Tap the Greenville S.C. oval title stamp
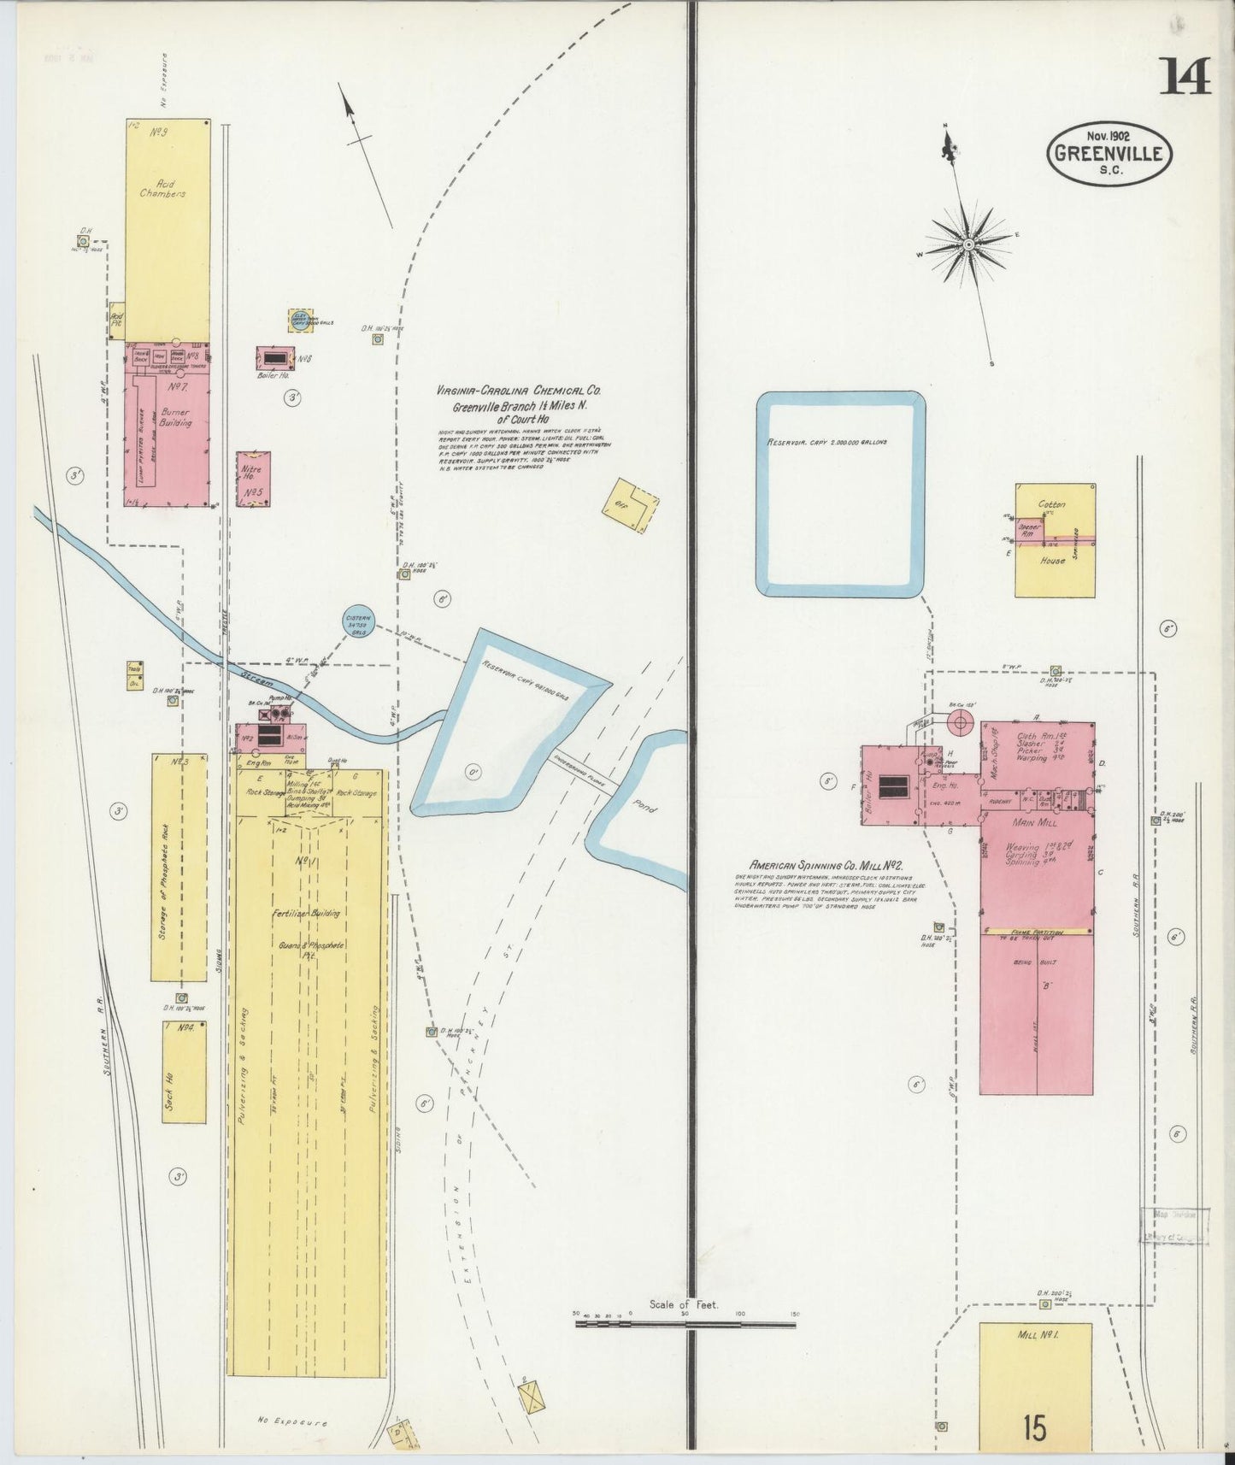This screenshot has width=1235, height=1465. coord(1109,154)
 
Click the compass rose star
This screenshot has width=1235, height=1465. coord(968,245)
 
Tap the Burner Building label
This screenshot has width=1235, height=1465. coord(175,417)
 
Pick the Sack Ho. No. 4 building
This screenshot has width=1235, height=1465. coord(184,1072)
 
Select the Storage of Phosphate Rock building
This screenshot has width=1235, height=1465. coord(179,867)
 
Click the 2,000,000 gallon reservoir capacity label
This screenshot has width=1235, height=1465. coord(826,443)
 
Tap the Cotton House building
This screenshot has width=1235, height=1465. coord(1056,539)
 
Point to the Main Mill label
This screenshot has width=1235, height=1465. coord(1035,822)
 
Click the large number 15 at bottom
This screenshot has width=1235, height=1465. coord(1035,1427)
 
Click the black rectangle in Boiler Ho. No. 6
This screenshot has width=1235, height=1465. coord(274,357)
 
